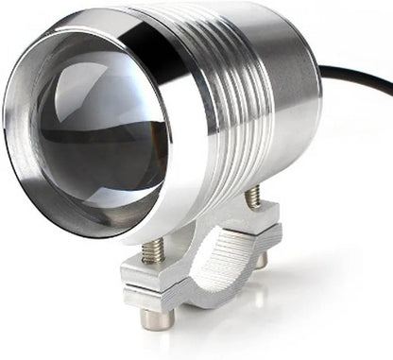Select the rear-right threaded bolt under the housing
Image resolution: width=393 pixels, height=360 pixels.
[253, 197]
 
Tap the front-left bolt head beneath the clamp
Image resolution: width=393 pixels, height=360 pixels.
[157, 318]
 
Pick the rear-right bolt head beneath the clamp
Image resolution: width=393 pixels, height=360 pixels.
[262, 257]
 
